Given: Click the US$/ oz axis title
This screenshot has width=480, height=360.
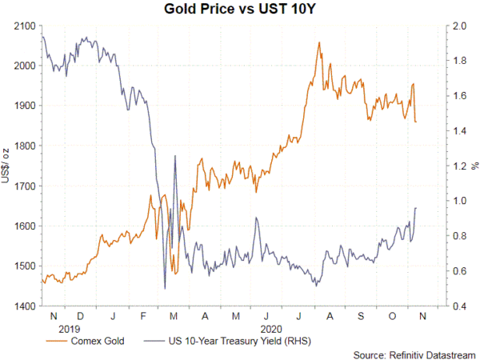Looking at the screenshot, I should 6,166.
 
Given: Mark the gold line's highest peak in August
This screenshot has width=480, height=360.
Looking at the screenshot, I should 319,42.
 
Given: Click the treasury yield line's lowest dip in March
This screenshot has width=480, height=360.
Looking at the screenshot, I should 164,288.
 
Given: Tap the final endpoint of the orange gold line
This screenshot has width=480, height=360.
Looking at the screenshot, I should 417,122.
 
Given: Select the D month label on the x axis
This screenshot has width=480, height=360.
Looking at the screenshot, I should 83,317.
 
